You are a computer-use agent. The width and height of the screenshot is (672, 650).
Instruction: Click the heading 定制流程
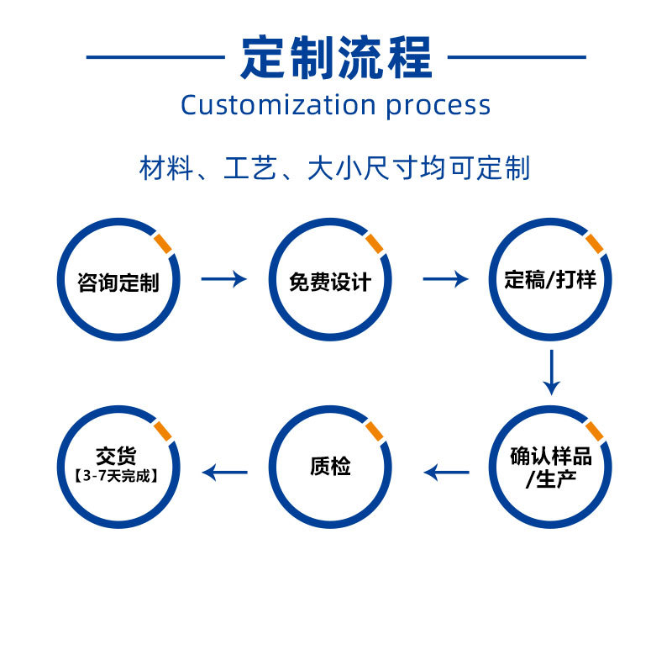click(336, 57)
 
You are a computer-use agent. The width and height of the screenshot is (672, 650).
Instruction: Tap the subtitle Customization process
click(336, 105)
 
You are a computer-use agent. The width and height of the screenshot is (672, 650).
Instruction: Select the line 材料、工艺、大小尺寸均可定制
click(335, 168)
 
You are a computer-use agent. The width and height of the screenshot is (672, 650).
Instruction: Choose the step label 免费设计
click(329, 281)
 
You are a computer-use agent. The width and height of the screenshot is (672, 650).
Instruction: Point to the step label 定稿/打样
click(550, 280)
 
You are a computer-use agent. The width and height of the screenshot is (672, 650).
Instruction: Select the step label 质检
click(329, 467)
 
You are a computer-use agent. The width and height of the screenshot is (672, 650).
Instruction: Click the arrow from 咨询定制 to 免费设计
click(224, 279)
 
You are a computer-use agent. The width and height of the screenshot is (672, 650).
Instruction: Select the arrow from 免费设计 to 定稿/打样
click(445, 279)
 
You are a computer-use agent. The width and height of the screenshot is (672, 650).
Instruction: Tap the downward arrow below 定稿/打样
click(551, 372)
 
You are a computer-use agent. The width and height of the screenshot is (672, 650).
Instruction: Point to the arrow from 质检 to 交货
click(226, 473)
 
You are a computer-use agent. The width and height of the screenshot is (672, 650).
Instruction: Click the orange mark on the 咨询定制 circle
click(164, 244)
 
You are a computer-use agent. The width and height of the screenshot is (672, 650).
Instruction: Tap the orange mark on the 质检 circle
click(375, 431)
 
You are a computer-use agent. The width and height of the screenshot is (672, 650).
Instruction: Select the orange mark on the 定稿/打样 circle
click(595, 244)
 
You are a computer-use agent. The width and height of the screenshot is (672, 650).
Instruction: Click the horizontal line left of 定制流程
click(155, 57)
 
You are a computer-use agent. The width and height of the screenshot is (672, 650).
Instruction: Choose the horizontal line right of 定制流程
click(517, 57)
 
